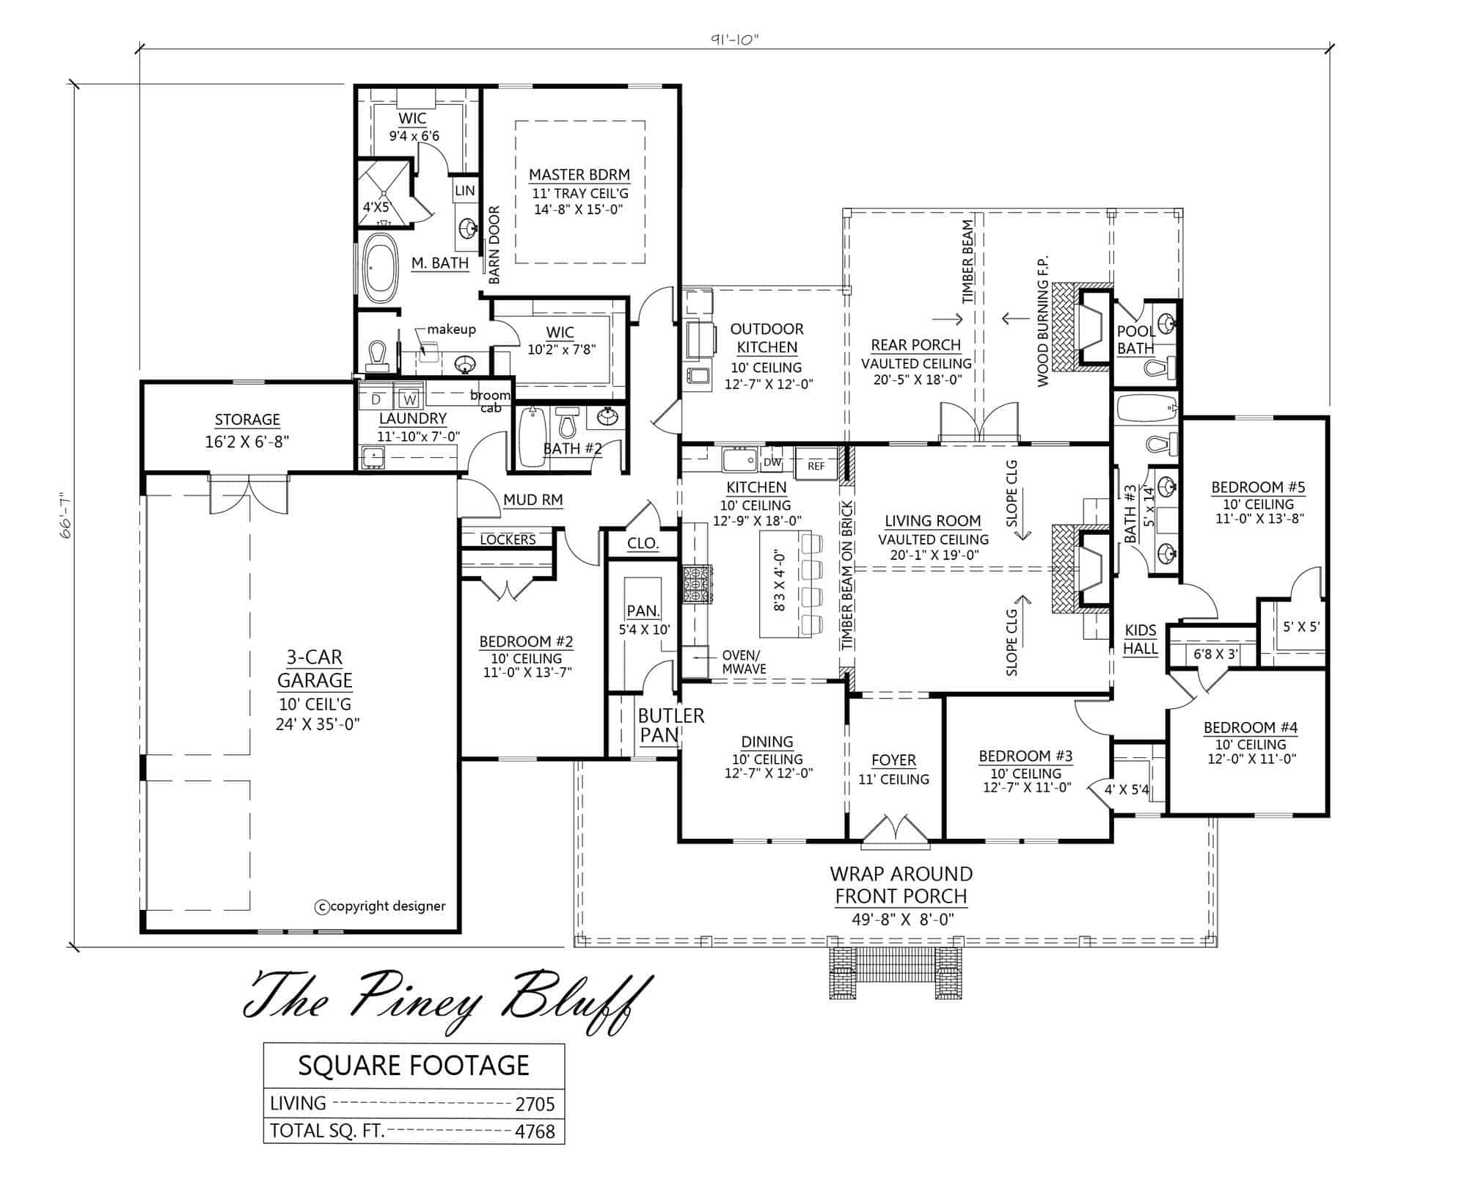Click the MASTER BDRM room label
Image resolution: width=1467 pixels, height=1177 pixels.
click(579, 175)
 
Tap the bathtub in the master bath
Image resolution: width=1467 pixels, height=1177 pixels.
click(379, 268)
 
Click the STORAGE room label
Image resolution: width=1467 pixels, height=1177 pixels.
click(247, 420)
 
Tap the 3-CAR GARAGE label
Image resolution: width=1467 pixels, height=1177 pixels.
click(315, 668)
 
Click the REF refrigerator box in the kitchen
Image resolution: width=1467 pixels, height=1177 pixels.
click(816, 465)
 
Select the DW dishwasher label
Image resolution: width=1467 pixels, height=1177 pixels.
click(772, 462)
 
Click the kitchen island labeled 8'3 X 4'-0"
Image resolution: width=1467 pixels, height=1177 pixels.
click(780, 582)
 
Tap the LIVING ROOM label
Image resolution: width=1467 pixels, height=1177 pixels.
click(932, 521)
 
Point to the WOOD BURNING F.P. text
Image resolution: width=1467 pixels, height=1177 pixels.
click(1044, 321)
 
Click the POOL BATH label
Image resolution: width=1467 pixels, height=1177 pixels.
click(1135, 340)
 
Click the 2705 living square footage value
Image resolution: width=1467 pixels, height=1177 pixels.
click(535, 1104)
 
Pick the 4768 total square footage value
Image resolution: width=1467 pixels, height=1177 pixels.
click(535, 1131)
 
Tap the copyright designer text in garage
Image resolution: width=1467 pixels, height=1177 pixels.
click(381, 906)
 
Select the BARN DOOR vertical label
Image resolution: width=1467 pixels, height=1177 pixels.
click(494, 245)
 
